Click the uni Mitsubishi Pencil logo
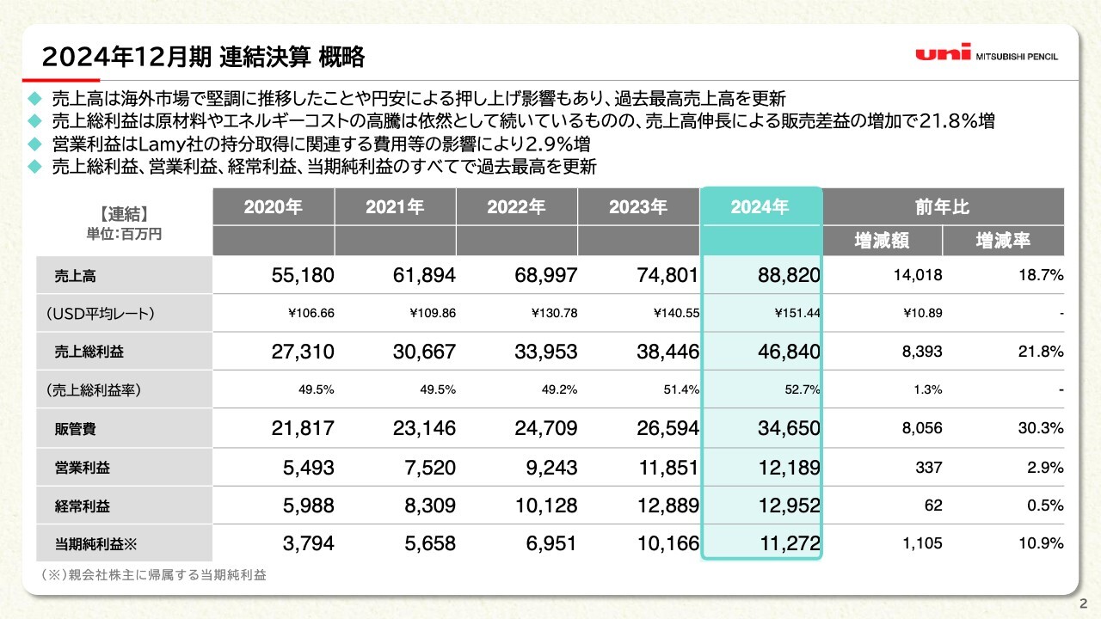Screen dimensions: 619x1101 (987, 54)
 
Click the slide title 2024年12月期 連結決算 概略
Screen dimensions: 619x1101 (203, 58)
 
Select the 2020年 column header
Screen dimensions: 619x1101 (273, 207)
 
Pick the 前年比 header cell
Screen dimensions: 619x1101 (942, 207)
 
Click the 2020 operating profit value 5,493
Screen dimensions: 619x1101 (301, 467)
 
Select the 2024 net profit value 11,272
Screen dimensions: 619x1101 (780, 543)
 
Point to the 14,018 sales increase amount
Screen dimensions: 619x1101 (917, 276)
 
